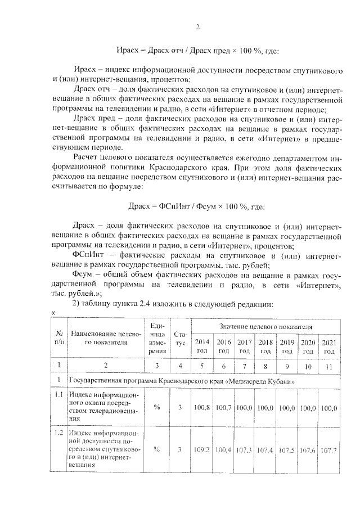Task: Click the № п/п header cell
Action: [x=58, y=339]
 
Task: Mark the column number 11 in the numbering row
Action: [x=328, y=367]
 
